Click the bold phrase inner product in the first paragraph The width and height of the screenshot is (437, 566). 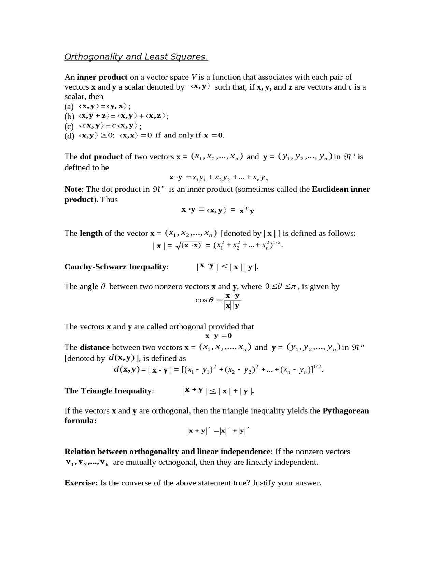(x=102, y=77)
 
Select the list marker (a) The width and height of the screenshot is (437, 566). (x=69, y=106)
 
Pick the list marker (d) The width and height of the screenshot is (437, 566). (x=69, y=136)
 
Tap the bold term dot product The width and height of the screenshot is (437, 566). (x=101, y=157)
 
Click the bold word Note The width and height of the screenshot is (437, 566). (x=73, y=189)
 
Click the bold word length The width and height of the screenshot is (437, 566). (x=91, y=234)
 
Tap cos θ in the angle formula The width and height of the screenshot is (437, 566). (x=204, y=300)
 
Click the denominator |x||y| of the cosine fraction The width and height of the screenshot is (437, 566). (x=232, y=306)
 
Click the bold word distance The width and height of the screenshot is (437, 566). (x=95, y=348)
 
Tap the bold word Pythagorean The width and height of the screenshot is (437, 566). (x=346, y=411)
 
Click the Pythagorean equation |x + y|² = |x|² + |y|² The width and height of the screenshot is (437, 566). (x=218, y=431)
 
